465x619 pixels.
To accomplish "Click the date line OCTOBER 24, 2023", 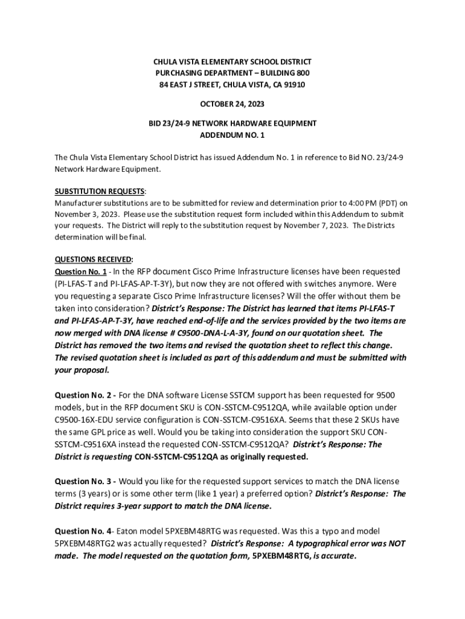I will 232,104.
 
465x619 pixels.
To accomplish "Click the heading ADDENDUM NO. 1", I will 232,135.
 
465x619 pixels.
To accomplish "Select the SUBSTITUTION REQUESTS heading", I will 100,191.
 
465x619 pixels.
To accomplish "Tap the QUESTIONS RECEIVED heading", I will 94,259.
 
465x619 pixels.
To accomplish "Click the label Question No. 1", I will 81,271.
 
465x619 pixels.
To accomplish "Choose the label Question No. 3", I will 84,481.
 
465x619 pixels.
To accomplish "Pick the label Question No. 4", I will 82,531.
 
